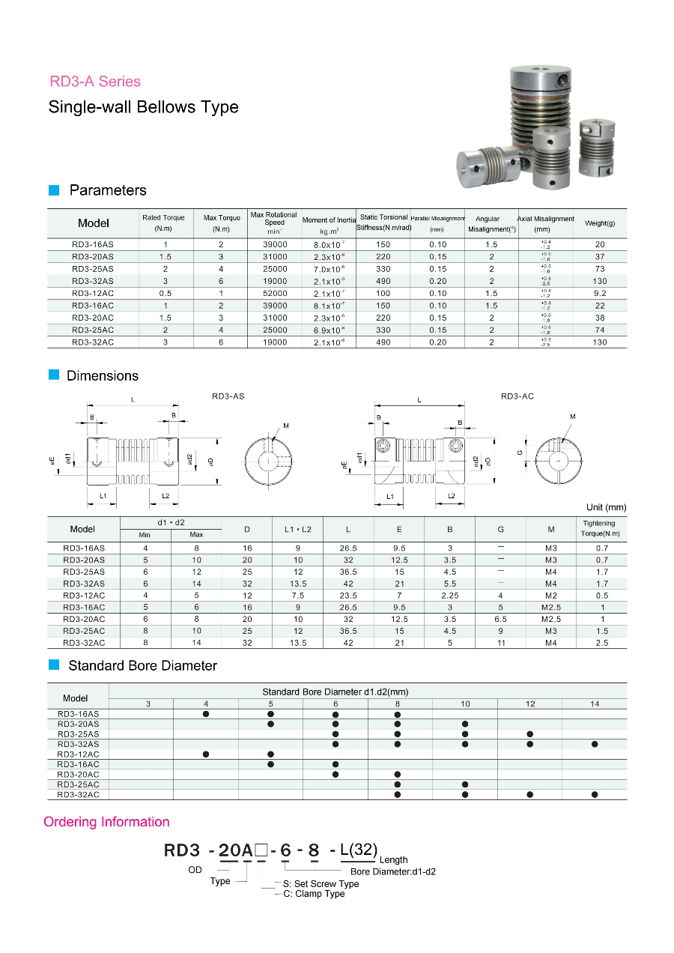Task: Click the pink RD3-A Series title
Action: click(95, 82)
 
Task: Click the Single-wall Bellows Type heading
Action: click(143, 107)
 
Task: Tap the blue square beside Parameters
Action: click(54, 190)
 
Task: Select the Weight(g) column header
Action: click(600, 223)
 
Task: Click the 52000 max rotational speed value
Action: click(275, 294)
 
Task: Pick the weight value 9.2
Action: click(600, 294)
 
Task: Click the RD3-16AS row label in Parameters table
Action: click(93, 245)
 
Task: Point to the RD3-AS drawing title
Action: click(228, 396)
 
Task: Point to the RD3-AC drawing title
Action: click(517, 396)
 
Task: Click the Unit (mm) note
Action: click(606, 507)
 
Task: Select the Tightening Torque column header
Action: click(599, 528)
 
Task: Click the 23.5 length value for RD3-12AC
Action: click(348, 596)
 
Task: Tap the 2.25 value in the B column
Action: click(449, 596)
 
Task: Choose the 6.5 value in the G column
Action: click(500, 620)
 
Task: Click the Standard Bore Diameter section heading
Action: click(142, 666)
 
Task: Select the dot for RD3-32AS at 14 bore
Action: click(595, 744)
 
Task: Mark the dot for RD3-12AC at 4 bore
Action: click(206, 754)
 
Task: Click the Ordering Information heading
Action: click(106, 822)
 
